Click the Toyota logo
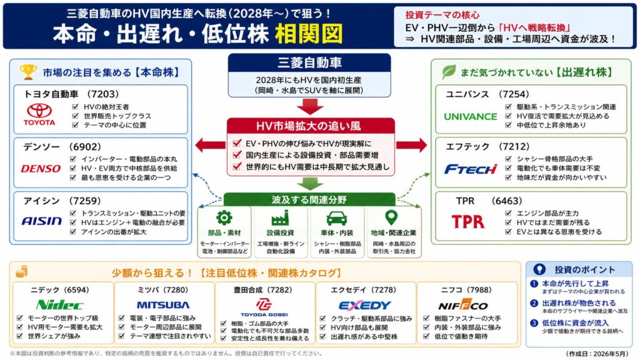coord(40,114)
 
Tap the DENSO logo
coord(41,168)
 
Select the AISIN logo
coord(41,221)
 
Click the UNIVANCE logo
coord(470,116)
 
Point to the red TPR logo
coord(468,222)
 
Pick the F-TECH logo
coord(470,169)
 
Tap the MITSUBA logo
coord(162,305)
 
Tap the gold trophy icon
coord(27,72)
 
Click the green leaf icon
coord(449,71)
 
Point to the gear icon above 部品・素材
coord(224,218)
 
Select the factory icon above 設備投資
coord(279,218)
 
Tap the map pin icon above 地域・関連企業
coord(392,218)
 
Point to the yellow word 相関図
coord(308,32)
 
